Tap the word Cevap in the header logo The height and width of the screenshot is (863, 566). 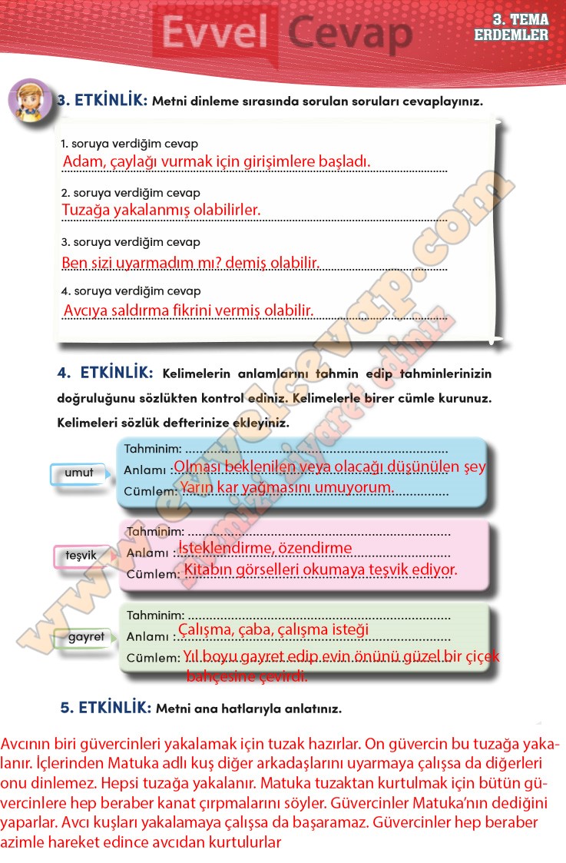(x=349, y=35)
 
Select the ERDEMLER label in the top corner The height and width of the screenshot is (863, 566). (x=511, y=35)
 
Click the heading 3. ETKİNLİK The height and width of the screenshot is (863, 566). (x=102, y=100)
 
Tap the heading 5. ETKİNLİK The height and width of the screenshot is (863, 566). (x=106, y=708)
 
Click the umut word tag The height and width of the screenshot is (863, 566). (x=78, y=473)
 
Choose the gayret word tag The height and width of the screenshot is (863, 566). (x=85, y=637)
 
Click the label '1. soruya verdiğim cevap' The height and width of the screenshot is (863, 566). (x=129, y=144)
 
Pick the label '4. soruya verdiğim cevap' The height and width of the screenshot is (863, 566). (x=131, y=291)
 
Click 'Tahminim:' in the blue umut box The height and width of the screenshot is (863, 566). (x=153, y=449)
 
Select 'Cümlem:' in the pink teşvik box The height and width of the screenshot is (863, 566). (x=153, y=573)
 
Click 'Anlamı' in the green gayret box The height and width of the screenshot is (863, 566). (x=147, y=636)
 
